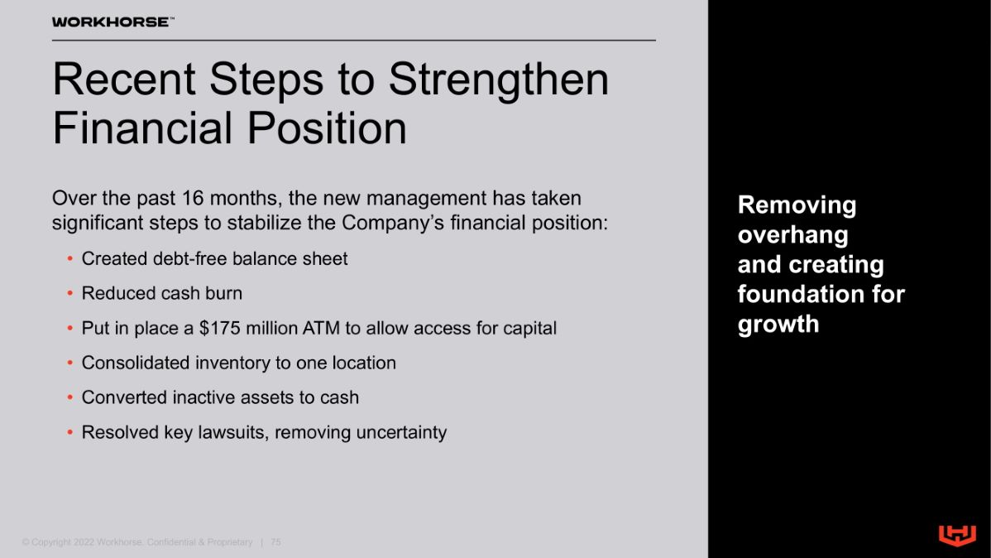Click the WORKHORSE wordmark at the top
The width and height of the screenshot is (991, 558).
tap(111, 22)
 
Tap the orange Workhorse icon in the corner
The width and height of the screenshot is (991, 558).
tap(957, 535)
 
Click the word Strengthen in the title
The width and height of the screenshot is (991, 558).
tap(499, 80)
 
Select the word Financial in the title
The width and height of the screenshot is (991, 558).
tap(143, 128)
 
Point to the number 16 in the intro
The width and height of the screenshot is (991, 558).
tap(193, 198)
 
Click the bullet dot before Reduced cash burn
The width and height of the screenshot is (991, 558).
tap(70, 294)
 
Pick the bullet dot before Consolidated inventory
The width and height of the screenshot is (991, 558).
tap(70, 363)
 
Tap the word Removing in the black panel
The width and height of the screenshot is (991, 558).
tap(797, 205)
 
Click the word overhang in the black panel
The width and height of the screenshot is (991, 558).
tap(793, 235)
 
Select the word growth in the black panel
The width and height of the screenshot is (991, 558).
tap(778, 325)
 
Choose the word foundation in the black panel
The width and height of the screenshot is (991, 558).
tap(800, 294)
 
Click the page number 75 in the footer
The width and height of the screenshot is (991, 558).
tap(275, 542)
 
